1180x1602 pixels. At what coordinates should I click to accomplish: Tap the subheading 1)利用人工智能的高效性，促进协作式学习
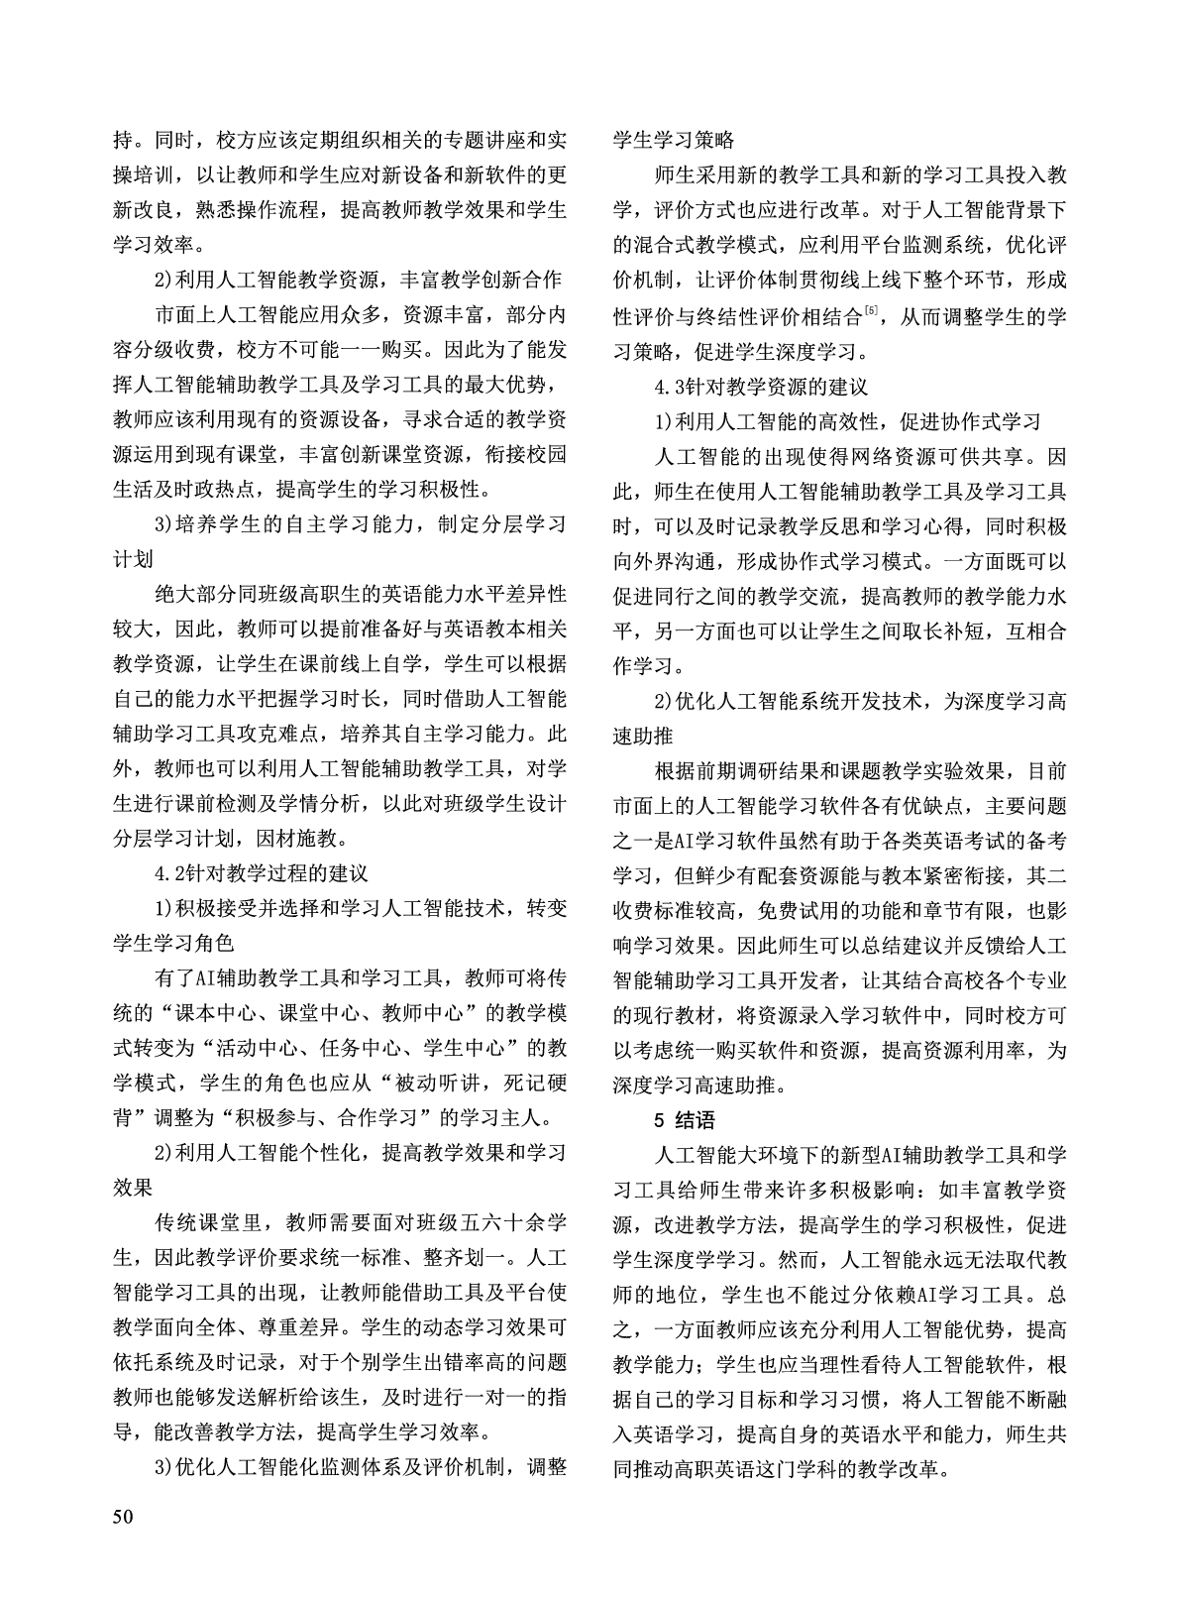point(847,421)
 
